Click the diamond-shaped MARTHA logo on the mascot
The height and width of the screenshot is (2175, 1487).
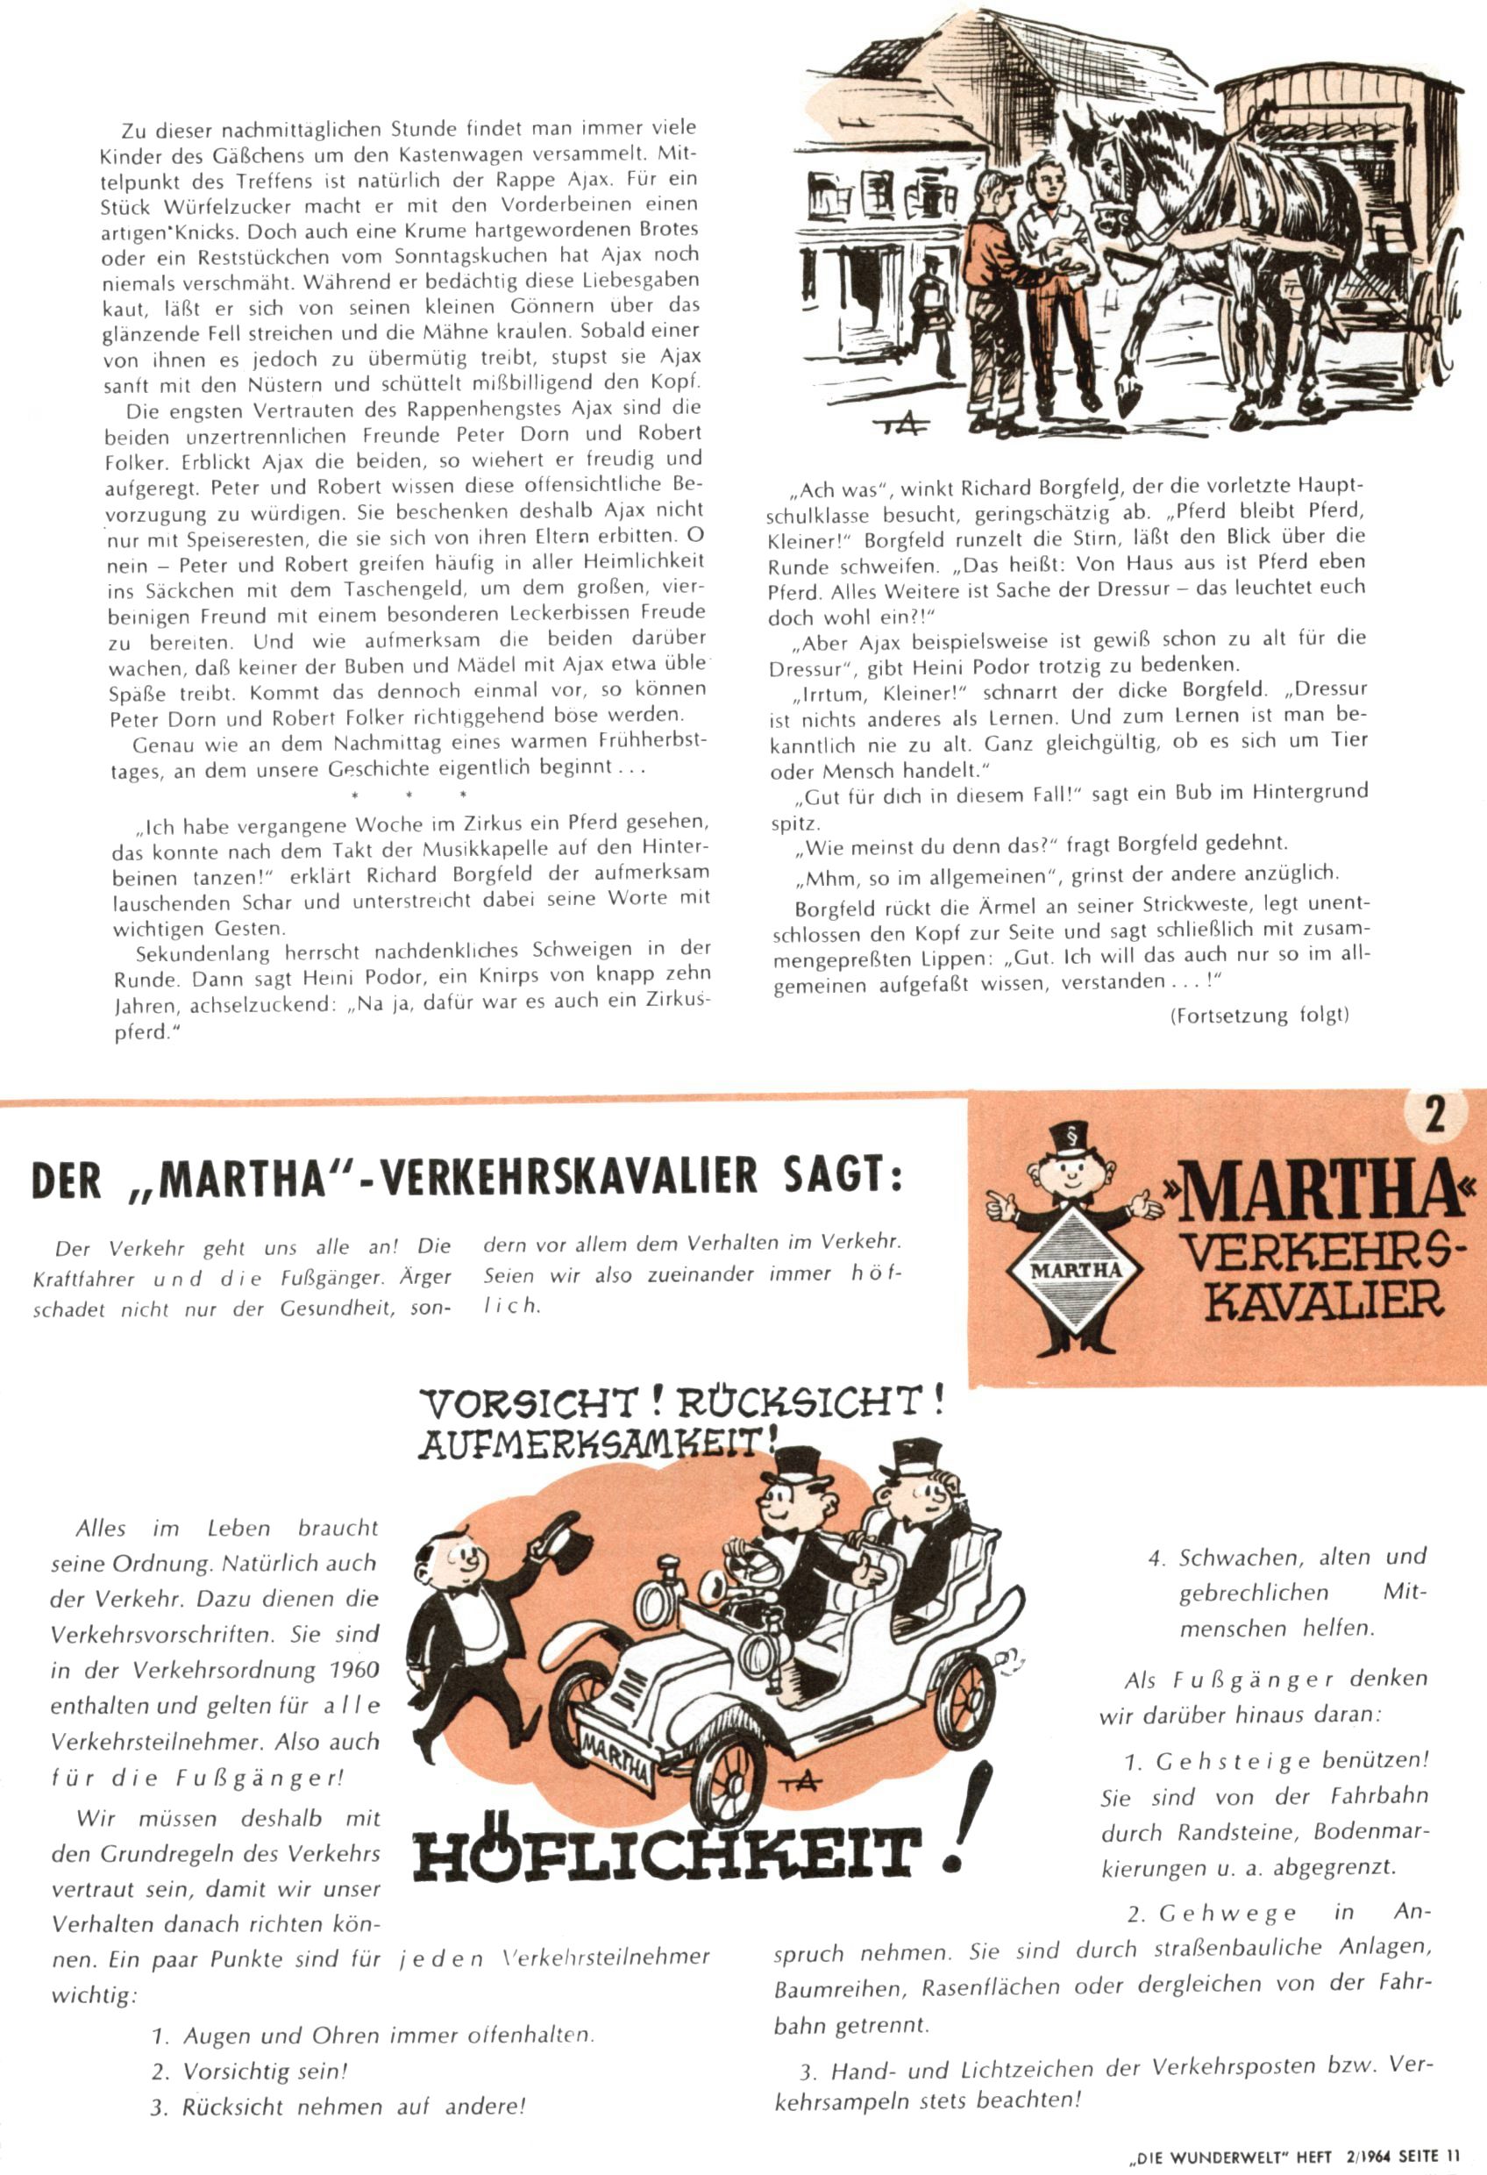1078,1269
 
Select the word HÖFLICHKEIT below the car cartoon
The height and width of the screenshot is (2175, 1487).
663,1852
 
